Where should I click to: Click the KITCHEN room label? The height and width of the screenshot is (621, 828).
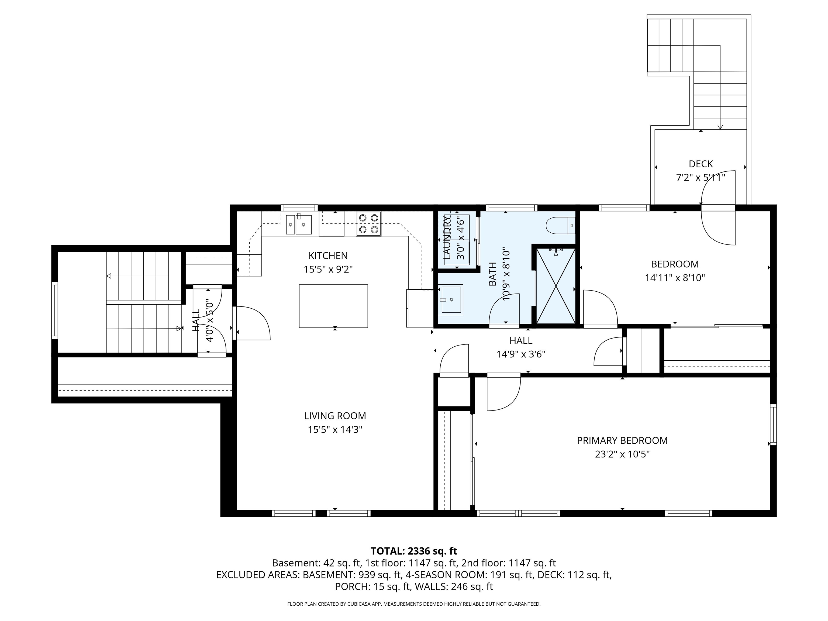coord(328,256)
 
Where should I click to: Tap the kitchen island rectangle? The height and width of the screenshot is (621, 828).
coord(333,306)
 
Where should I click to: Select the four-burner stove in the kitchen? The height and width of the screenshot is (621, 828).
coord(369,224)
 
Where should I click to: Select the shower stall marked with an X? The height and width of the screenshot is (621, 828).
coord(556,286)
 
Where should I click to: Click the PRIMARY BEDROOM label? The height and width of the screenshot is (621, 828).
coord(622,441)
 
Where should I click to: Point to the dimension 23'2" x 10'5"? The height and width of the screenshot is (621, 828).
coord(622,454)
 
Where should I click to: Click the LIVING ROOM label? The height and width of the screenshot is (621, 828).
coord(335,416)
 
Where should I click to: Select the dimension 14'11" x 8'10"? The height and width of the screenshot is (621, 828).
coord(675,278)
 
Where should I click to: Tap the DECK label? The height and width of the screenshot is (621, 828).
coord(701,164)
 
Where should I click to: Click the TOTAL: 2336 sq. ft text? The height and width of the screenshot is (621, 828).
coord(414,551)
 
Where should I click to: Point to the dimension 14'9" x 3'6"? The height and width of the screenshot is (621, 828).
coord(521,354)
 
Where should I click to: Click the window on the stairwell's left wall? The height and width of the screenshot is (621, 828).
coord(55,310)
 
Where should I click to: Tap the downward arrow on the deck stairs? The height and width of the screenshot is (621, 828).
coord(720,126)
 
